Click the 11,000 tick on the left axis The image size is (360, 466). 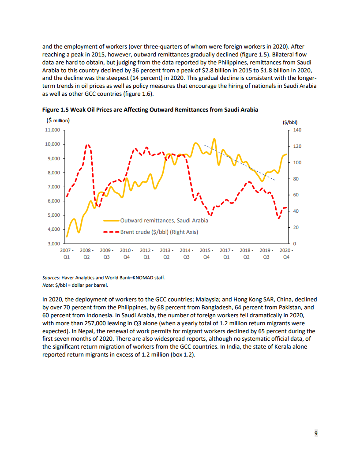(52, 130)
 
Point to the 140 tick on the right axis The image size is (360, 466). (297, 130)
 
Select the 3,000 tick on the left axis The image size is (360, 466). (54, 244)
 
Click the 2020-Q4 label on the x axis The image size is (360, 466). (286, 253)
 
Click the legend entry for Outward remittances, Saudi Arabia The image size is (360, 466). (164, 220)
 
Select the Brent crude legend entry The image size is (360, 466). (159, 232)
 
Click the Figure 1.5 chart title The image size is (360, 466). (150, 109)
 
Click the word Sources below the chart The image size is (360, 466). (51, 278)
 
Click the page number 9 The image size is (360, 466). (315, 433)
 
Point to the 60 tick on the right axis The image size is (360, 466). (296, 195)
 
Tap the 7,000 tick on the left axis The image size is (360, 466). (54, 187)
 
